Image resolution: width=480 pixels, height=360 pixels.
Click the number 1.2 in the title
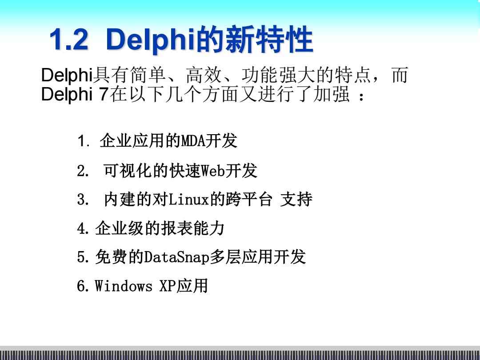tap(69, 40)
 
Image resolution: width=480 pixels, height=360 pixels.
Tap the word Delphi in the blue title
tap(151, 40)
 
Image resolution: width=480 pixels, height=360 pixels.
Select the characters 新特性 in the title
tap(269, 40)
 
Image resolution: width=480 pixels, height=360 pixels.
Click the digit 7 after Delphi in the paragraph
tap(104, 94)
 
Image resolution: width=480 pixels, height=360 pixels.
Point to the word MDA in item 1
tap(193, 141)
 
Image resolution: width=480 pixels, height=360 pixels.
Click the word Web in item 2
tap(213, 171)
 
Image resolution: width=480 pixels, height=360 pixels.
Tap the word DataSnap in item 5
tap(176, 257)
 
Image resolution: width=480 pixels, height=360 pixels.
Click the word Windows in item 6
tap(124, 286)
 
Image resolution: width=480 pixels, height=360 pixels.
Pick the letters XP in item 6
tap(168, 286)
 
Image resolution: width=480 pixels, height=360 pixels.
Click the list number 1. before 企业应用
tap(83, 141)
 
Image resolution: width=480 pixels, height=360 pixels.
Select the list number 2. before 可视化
tap(83, 171)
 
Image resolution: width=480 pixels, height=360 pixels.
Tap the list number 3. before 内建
tap(83, 200)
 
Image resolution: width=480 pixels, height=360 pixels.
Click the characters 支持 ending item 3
tap(296, 200)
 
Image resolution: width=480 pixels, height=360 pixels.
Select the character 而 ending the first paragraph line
tap(400, 75)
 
